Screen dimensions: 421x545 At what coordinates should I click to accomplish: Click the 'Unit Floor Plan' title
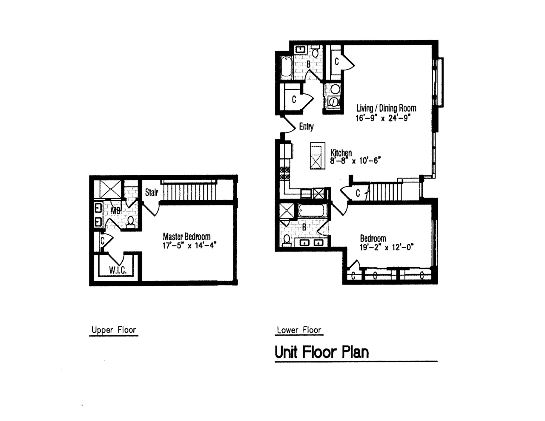coord(321,352)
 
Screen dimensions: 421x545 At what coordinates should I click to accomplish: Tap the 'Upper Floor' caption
coord(114,330)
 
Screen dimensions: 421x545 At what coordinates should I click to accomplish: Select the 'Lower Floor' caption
coord(299,330)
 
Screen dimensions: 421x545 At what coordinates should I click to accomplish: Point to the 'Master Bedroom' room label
coord(186,236)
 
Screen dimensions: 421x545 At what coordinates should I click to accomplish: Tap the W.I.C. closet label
coord(118,270)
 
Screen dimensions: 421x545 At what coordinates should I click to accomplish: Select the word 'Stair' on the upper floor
coord(152,193)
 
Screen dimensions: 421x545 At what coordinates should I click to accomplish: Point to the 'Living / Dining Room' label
coord(386,108)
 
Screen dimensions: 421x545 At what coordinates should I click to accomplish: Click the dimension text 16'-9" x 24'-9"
coord(383,118)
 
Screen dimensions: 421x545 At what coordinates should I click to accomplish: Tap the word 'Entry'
coord(306,127)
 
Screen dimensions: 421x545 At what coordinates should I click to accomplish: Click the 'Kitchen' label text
coord(341,153)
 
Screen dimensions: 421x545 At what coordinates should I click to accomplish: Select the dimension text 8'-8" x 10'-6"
coord(355,161)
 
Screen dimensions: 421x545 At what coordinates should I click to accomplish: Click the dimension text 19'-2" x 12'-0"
coord(387,248)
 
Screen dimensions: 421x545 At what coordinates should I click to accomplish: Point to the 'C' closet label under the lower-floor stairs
coord(358,193)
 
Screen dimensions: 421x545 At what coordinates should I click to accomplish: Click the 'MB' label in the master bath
coord(116,211)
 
